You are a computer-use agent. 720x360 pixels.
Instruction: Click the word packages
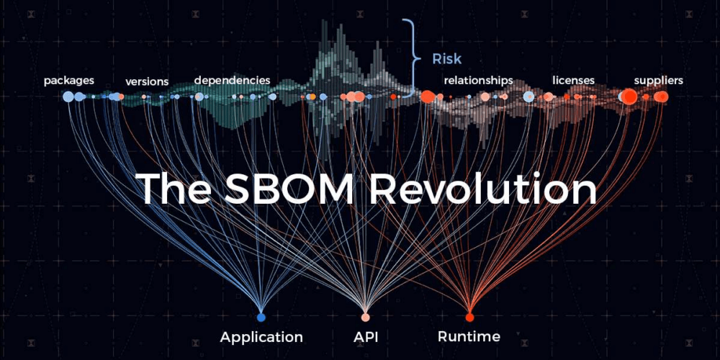coord(68,80)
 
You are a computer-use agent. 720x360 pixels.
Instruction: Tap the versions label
coord(147,81)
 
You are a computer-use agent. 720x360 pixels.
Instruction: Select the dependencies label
coord(232,80)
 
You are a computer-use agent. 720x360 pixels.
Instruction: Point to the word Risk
coord(446,59)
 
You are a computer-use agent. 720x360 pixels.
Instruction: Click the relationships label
coord(478,80)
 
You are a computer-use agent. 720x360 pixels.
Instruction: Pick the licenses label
coord(573,80)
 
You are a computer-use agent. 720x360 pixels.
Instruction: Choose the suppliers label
coord(658,80)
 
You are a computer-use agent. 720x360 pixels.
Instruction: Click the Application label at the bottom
coord(261,337)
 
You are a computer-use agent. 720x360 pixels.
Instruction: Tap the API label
coord(365,337)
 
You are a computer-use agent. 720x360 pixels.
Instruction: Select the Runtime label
coord(469,337)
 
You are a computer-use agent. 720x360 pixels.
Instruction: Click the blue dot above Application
coord(261,317)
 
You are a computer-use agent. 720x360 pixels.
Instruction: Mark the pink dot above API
coord(366,317)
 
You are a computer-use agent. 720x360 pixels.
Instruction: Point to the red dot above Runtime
coord(469,317)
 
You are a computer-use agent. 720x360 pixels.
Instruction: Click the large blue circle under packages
coord(68,96)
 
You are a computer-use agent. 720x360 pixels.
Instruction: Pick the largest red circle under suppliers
coord(629,96)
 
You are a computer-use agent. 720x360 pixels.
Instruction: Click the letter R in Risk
coord(436,59)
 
